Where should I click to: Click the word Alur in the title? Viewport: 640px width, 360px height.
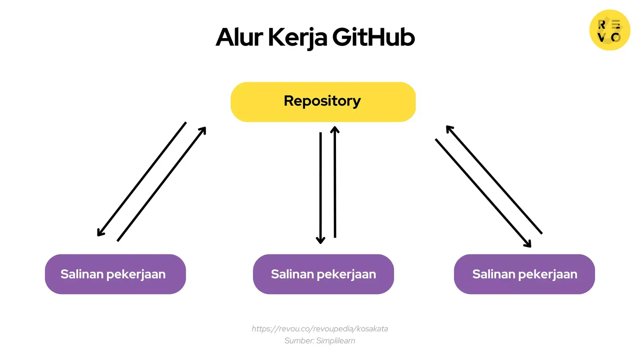pos(239,37)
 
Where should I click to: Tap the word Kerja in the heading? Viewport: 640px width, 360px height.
pos(298,38)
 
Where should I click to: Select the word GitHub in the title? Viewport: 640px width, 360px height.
pos(373,37)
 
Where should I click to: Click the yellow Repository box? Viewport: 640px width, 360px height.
pos(323,102)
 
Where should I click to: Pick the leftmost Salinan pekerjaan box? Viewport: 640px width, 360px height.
pos(115,274)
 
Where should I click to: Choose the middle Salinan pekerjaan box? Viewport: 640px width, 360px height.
pos(323,274)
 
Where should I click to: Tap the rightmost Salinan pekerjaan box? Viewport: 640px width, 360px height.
pos(524,274)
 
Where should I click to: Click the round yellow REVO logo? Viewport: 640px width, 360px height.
pos(610,30)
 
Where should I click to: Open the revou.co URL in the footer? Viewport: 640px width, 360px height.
pos(320,329)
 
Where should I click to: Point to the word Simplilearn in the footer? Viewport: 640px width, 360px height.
pos(336,341)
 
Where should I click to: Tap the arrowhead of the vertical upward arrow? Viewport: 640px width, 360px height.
pos(335,129)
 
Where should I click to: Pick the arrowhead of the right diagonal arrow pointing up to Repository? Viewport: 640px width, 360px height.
pos(448,128)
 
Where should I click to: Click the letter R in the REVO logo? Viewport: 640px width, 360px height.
pos(602,25)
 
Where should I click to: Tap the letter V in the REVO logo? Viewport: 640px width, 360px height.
pos(601,38)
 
